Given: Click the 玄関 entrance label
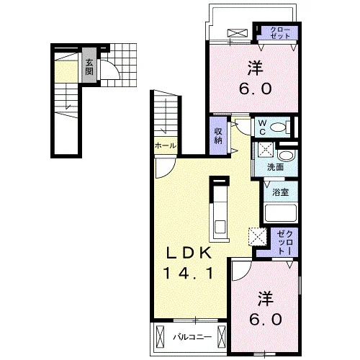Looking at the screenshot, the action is pyautogui.click(x=89, y=67).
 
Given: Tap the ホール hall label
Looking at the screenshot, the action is pyautogui.click(x=166, y=145).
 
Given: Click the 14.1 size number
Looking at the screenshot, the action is pyautogui.click(x=189, y=274).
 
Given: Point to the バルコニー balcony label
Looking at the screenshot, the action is pyautogui.click(x=193, y=337).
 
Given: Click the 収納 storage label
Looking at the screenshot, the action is pyautogui.click(x=218, y=136).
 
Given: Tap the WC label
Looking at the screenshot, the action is pyautogui.click(x=262, y=127).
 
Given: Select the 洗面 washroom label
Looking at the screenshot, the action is pyautogui.click(x=276, y=167).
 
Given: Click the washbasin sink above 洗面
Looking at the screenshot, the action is pyautogui.click(x=286, y=156).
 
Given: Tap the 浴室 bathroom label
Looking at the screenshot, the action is pyautogui.click(x=280, y=192).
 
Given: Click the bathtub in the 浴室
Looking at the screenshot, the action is pyautogui.click(x=281, y=213).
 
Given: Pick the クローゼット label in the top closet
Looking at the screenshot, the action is pyautogui.click(x=280, y=33).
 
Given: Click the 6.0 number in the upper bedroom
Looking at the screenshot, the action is pyautogui.click(x=256, y=89).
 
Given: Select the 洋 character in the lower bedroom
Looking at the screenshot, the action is pyautogui.click(x=266, y=299).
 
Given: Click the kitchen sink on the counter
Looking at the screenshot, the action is pyautogui.click(x=220, y=227).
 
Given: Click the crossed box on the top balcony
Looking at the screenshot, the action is pyautogui.click(x=238, y=33).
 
